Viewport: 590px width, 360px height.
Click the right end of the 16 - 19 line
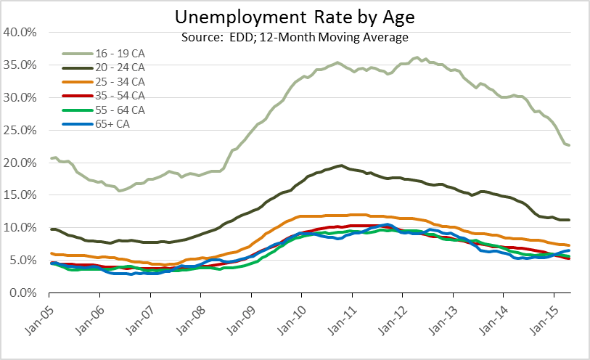point(569,145)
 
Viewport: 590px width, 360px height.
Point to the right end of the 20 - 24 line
point(569,220)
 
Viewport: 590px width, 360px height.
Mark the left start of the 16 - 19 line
point(50,158)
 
